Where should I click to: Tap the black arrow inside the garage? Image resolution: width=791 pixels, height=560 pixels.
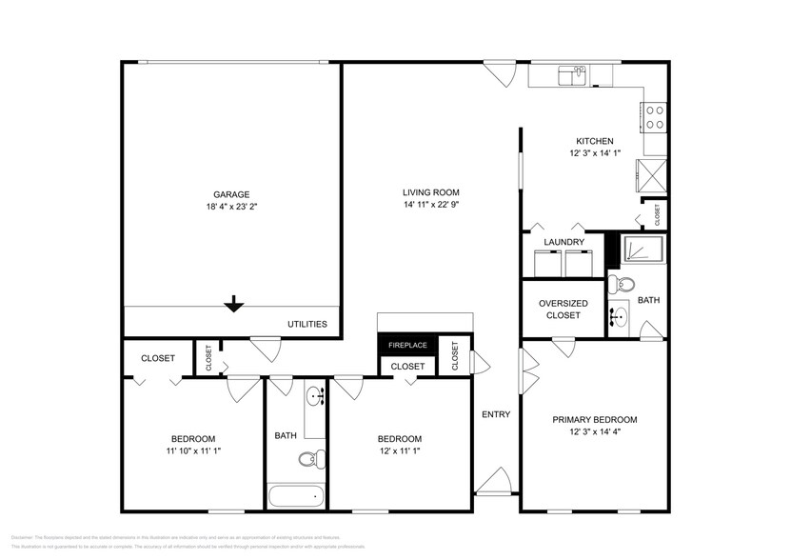click(233, 304)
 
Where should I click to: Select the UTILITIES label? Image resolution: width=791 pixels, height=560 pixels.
click(307, 325)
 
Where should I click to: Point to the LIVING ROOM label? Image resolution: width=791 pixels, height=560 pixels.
click(431, 193)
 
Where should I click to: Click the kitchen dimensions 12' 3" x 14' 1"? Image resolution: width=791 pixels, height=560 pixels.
click(595, 153)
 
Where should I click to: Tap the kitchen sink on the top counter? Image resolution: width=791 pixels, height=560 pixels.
click(573, 73)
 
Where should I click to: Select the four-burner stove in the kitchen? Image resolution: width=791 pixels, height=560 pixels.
click(656, 117)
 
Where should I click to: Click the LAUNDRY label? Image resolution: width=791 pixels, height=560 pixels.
click(564, 243)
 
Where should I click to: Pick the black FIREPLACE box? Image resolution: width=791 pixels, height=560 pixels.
click(407, 345)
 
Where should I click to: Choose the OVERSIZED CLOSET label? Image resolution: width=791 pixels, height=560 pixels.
click(564, 310)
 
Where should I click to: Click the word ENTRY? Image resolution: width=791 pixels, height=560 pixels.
click(496, 414)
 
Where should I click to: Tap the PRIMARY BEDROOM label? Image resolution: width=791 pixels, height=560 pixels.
click(595, 419)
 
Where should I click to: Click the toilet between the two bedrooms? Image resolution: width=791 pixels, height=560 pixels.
click(311, 460)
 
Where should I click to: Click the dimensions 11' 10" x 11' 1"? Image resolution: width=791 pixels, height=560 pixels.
click(193, 450)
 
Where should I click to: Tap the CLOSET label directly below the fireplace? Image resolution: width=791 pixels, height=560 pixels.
click(407, 367)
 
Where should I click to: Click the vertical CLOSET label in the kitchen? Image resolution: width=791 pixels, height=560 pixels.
click(657, 215)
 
